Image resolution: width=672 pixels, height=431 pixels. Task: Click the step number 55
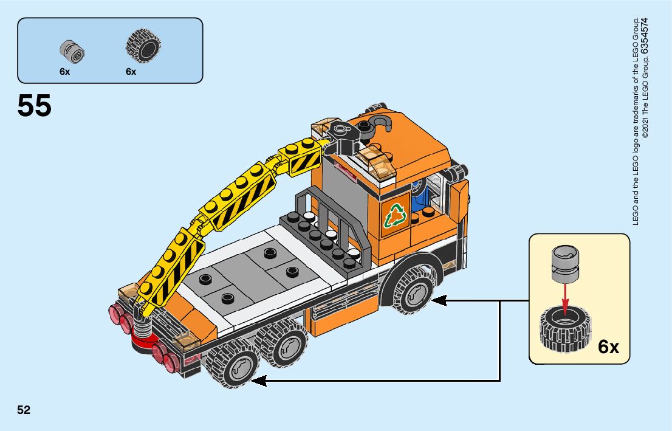[35, 106]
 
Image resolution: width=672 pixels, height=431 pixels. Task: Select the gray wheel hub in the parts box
[72, 51]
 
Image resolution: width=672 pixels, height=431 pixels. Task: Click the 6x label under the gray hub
[64, 71]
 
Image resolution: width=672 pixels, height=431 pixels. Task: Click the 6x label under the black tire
[131, 71]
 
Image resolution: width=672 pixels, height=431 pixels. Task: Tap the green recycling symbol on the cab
[396, 213]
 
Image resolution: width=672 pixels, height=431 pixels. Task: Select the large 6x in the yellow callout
[608, 347]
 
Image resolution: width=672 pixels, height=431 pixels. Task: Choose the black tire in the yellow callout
[565, 329]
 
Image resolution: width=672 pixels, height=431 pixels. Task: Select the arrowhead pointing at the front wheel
[437, 300]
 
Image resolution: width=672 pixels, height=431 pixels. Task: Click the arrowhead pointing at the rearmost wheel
[258, 381]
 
